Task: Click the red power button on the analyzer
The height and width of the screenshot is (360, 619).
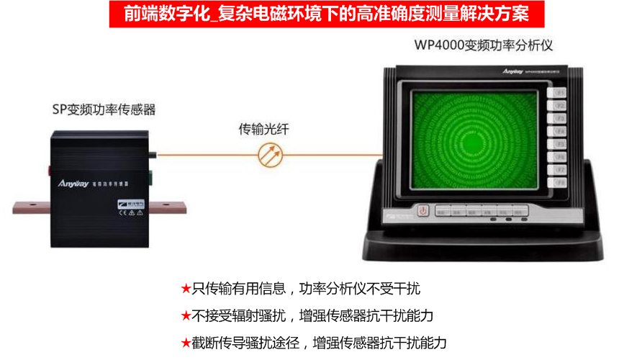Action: (423, 211)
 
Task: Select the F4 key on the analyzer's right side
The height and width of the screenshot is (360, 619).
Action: (559, 132)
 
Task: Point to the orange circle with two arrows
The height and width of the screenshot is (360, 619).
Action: (271, 153)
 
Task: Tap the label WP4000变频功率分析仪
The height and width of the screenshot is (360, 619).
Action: (483, 45)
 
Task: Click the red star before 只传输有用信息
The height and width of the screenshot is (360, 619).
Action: (186, 289)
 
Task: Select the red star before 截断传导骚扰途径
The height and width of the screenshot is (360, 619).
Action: (186, 343)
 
